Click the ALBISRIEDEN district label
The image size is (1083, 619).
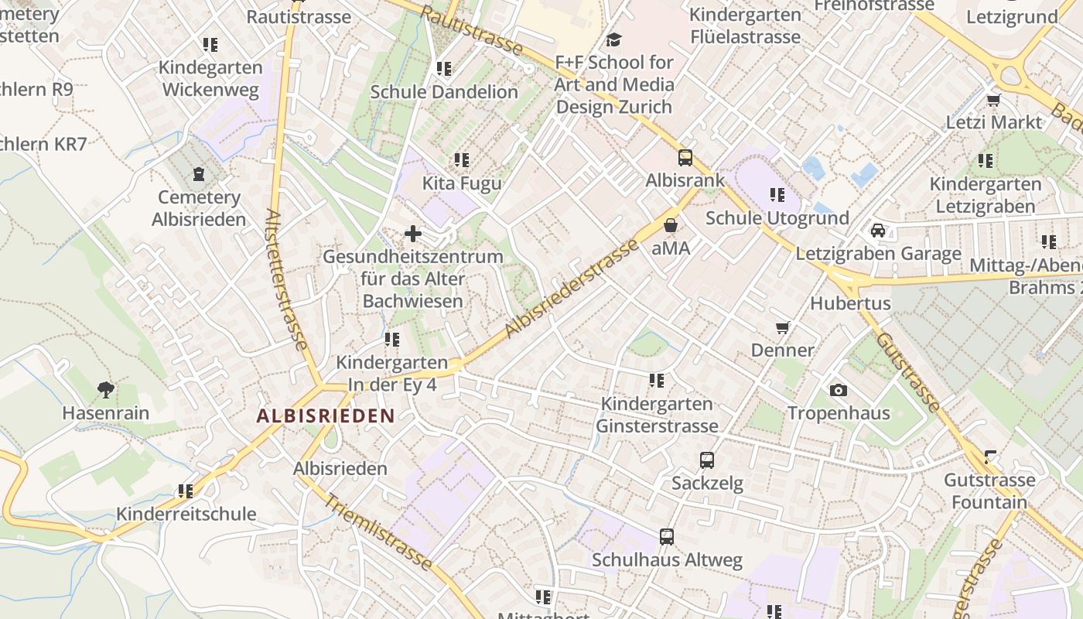pos(326,416)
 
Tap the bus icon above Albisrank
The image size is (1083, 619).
pos(685,158)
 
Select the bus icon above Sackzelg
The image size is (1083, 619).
pos(706,460)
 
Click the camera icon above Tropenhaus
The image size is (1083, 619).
pos(838,390)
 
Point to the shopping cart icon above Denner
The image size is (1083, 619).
pos(783,327)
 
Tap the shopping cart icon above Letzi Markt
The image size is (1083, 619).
pos(994,100)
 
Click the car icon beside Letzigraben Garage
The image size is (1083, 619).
pos(878,231)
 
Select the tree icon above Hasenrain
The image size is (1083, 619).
pos(106,390)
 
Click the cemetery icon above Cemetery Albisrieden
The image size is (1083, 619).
pos(199,174)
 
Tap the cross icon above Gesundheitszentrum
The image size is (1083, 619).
pos(413,233)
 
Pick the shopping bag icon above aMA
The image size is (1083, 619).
pos(671,225)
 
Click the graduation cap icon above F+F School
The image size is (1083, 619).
pos(614,39)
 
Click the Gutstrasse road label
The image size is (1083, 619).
pos(909,372)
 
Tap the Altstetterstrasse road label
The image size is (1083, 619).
pos(286,279)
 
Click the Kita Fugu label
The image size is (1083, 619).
pos(462,183)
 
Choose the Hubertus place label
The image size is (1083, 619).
pos(850,303)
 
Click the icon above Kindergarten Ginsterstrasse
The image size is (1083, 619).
pos(657,380)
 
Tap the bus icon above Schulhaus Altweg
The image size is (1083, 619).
pos(667,536)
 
